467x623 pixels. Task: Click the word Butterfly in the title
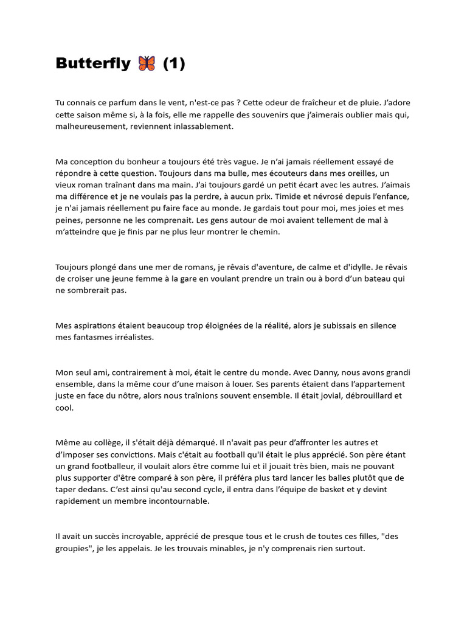pyautogui.click(x=93, y=63)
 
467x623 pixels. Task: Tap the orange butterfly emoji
pyautogui.click(x=147, y=63)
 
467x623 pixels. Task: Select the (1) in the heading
pyautogui.click(x=174, y=63)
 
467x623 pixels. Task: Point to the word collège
pyautogui.click(x=101, y=442)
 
